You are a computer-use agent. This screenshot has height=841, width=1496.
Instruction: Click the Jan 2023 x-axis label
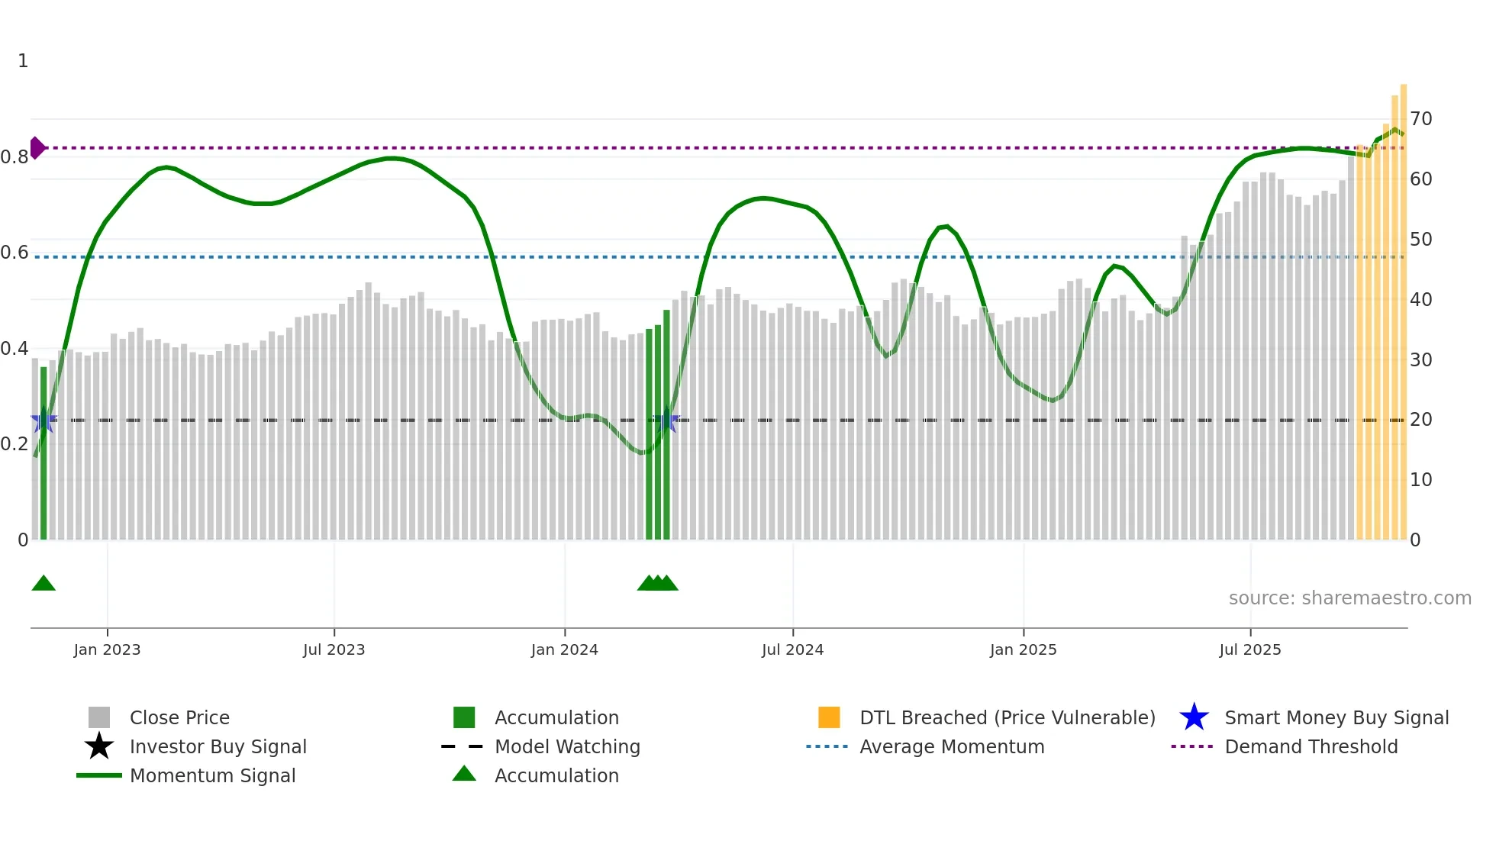pos(107,649)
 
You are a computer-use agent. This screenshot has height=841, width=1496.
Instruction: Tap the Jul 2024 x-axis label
pos(792,649)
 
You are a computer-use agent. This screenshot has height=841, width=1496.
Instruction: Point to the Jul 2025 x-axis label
pos(1249,649)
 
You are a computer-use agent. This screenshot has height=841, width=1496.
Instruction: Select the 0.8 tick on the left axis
pos(15,157)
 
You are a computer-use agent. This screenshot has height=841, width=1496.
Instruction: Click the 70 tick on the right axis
pos(1420,119)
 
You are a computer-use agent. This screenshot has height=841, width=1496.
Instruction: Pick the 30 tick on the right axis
pos(1420,359)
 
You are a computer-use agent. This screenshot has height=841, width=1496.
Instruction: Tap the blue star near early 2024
pos(668,420)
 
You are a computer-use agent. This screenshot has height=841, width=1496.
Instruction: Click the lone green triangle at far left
pos(44,583)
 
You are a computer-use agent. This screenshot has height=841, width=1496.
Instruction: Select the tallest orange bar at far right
pos(1403,305)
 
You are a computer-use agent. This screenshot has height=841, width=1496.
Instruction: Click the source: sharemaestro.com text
pos(1349,598)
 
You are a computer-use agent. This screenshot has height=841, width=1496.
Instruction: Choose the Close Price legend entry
pos(179,717)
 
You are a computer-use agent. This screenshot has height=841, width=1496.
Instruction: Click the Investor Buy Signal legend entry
pos(218,746)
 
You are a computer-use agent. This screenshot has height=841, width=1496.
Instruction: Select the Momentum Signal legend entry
pos(212,775)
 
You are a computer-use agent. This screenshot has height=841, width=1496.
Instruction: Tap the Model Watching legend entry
pos(567,746)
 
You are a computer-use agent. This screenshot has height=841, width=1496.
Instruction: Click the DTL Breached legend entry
pos(1007,717)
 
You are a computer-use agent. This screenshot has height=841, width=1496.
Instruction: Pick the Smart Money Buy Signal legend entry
pos(1336,717)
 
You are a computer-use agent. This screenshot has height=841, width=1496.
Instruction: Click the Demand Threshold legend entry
pos(1311,746)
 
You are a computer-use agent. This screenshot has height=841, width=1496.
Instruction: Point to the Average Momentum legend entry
pos(951,746)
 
